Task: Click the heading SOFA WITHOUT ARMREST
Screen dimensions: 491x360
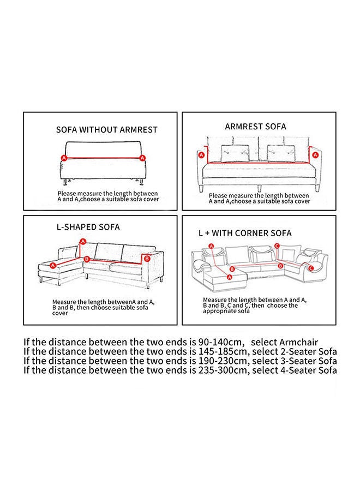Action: click(x=107, y=130)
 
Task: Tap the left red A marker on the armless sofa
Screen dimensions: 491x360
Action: click(x=63, y=157)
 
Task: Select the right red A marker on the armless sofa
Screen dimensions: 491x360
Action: click(x=142, y=158)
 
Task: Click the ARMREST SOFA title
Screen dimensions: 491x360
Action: click(x=255, y=126)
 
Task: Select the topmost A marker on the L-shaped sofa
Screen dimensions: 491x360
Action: click(x=83, y=241)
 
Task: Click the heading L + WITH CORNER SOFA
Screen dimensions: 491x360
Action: click(x=245, y=233)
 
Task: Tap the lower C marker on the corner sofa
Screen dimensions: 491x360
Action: click(x=311, y=268)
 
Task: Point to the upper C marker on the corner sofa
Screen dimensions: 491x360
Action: click(x=277, y=246)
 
